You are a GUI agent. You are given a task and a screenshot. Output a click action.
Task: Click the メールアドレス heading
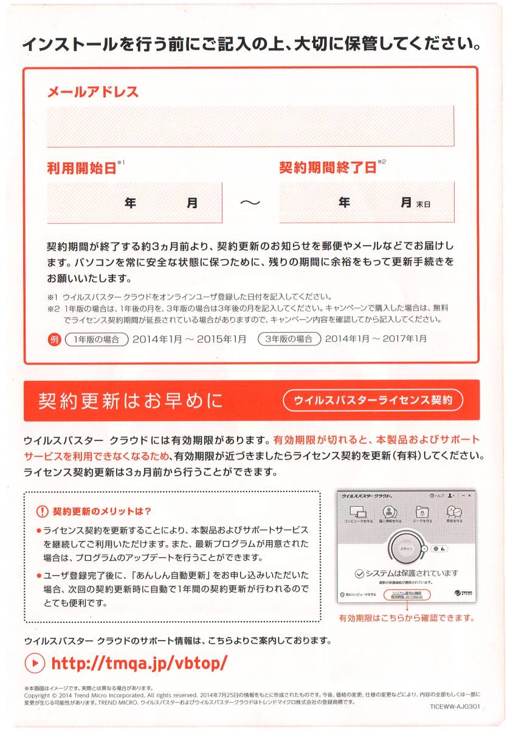[x=93, y=92]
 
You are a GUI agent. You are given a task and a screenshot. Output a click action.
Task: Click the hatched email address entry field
[x=250, y=126]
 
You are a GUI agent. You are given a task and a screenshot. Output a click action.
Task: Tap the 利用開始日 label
[x=81, y=169]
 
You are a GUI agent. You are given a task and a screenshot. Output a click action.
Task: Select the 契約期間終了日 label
[x=328, y=168]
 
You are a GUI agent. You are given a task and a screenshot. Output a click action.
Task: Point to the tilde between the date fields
[x=250, y=203]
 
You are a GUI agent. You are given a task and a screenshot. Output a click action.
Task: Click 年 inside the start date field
[x=130, y=203]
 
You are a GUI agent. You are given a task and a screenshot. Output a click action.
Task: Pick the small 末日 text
[x=423, y=204]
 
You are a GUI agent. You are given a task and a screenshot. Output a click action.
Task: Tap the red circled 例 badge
[x=53, y=338]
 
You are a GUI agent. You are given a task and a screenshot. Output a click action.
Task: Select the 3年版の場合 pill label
[x=289, y=338]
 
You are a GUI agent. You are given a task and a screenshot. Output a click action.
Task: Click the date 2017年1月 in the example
[x=403, y=338]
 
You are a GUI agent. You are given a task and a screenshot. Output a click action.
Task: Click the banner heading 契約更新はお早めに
[x=131, y=401]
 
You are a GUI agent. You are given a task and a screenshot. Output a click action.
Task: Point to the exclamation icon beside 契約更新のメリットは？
[x=42, y=510]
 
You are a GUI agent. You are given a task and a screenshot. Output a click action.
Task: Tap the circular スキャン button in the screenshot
[x=406, y=549]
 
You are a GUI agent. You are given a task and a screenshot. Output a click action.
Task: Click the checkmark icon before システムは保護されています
[x=359, y=574]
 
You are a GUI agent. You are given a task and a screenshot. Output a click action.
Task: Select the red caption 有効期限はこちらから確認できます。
[x=406, y=617]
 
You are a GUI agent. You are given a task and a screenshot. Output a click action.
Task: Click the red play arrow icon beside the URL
[x=35, y=662]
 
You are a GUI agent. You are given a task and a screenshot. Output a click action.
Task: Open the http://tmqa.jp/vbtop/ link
[x=139, y=662]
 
